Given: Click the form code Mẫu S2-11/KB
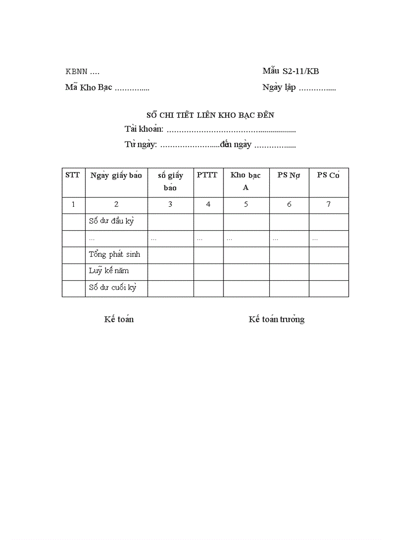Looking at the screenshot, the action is coord(290,71).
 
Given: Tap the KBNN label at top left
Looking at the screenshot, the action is coord(77,72).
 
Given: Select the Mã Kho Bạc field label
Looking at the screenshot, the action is coord(89,87).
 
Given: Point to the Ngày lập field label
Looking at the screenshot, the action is coord(279,88).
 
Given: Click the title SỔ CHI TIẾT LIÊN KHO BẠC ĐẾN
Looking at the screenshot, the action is coord(210,115).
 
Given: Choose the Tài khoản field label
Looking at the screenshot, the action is coord(144,129).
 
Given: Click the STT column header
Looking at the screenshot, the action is coord(73,175).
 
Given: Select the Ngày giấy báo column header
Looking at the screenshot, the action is coord(116,175).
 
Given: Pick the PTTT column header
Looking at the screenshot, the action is coord(208,175).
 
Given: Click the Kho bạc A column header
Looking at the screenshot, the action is coord(246,181).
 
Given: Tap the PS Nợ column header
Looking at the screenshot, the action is coord(288,175).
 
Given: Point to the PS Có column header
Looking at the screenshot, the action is coord(328,175).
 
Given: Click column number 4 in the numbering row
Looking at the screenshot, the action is coord(208,204).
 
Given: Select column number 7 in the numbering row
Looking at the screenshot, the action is coord(328,204).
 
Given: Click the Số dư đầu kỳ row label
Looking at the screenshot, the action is coord(111,221).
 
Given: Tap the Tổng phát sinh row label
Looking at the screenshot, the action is coord(115,254).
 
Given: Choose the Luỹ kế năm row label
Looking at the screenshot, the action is coord(109,271).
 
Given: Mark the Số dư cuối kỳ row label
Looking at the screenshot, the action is coord(113,288).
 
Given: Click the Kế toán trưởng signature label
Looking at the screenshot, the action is coord(276,319).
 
